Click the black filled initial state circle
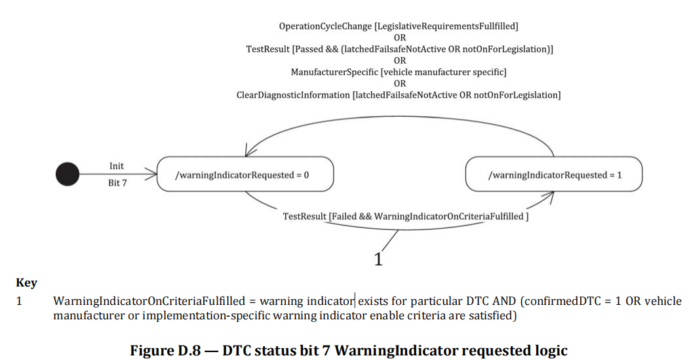[68, 174]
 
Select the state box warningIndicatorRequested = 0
[245, 174]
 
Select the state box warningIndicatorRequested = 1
[553, 174]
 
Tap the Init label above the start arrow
[116, 166]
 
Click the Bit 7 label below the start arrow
[116, 183]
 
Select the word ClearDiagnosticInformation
[293, 95]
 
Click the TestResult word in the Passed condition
[269, 49]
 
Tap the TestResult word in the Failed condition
[304, 216]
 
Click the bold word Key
[26, 283]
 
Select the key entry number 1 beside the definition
[19, 302]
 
